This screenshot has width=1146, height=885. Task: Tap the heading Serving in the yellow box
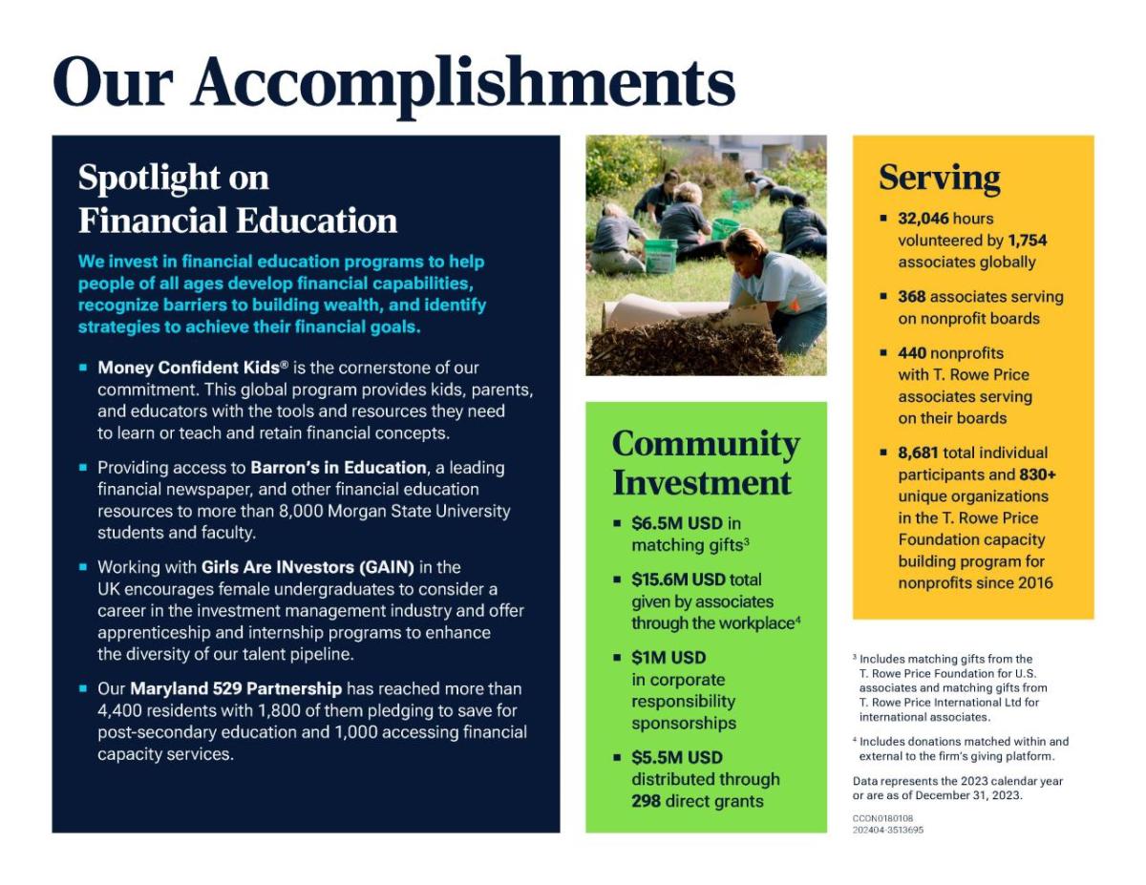click(x=940, y=179)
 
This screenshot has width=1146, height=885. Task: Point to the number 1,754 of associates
click(x=1028, y=241)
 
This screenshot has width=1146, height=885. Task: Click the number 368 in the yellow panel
click(x=912, y=296)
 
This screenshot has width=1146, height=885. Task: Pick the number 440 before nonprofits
click(x=912, y=352)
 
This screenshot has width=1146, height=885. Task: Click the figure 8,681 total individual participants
click(x=918, y=453)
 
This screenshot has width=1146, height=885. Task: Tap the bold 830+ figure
click(x=1037, y=474)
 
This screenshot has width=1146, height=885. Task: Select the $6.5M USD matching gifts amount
click(x=677, y=523)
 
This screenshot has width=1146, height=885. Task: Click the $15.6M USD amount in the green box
click(x=679, y=579)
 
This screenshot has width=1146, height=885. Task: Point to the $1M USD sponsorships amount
click(x=668, y=658)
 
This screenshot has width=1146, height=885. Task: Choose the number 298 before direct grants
click(x=646, y=801)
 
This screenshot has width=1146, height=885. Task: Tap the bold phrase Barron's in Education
click(x=339, y=468)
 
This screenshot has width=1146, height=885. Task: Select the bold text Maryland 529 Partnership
click(x=236, y=688)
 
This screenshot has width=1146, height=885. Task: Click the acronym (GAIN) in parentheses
click(x=387, y=567)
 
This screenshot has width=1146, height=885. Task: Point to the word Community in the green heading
click(x=706, y=445)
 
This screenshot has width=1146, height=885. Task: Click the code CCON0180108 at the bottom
click(x=882, y=818)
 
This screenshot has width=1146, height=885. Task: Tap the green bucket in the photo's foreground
click(x=660, y=256)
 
